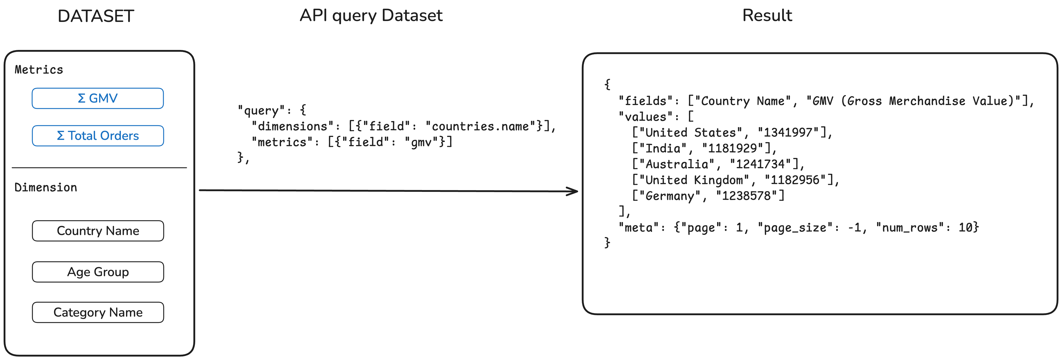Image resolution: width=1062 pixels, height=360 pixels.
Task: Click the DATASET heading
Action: pos(96,16)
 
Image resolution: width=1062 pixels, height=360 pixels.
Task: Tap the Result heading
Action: pos(767,16)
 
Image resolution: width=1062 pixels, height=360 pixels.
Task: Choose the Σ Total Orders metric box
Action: pos(98,136)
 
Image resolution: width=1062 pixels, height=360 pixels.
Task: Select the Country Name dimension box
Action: pos(98,231)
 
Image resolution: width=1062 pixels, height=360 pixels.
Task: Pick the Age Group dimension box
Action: pos(98,272)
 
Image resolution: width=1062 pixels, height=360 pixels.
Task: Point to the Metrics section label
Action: pos(39,70)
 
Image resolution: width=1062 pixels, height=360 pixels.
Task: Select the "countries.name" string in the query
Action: pos(480,126)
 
